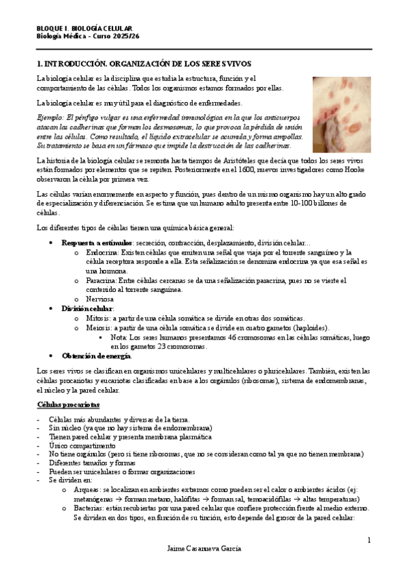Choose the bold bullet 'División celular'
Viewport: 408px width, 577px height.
tap(87, 308)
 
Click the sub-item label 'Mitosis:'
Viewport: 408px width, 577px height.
tap(98, 318)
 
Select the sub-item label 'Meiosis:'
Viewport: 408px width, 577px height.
tap(99, 327)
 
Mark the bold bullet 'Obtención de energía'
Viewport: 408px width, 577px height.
tap(96, 356)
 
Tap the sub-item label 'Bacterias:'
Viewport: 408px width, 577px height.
tap(91, 508)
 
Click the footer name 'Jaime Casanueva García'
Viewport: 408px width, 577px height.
tap(204, 548)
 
